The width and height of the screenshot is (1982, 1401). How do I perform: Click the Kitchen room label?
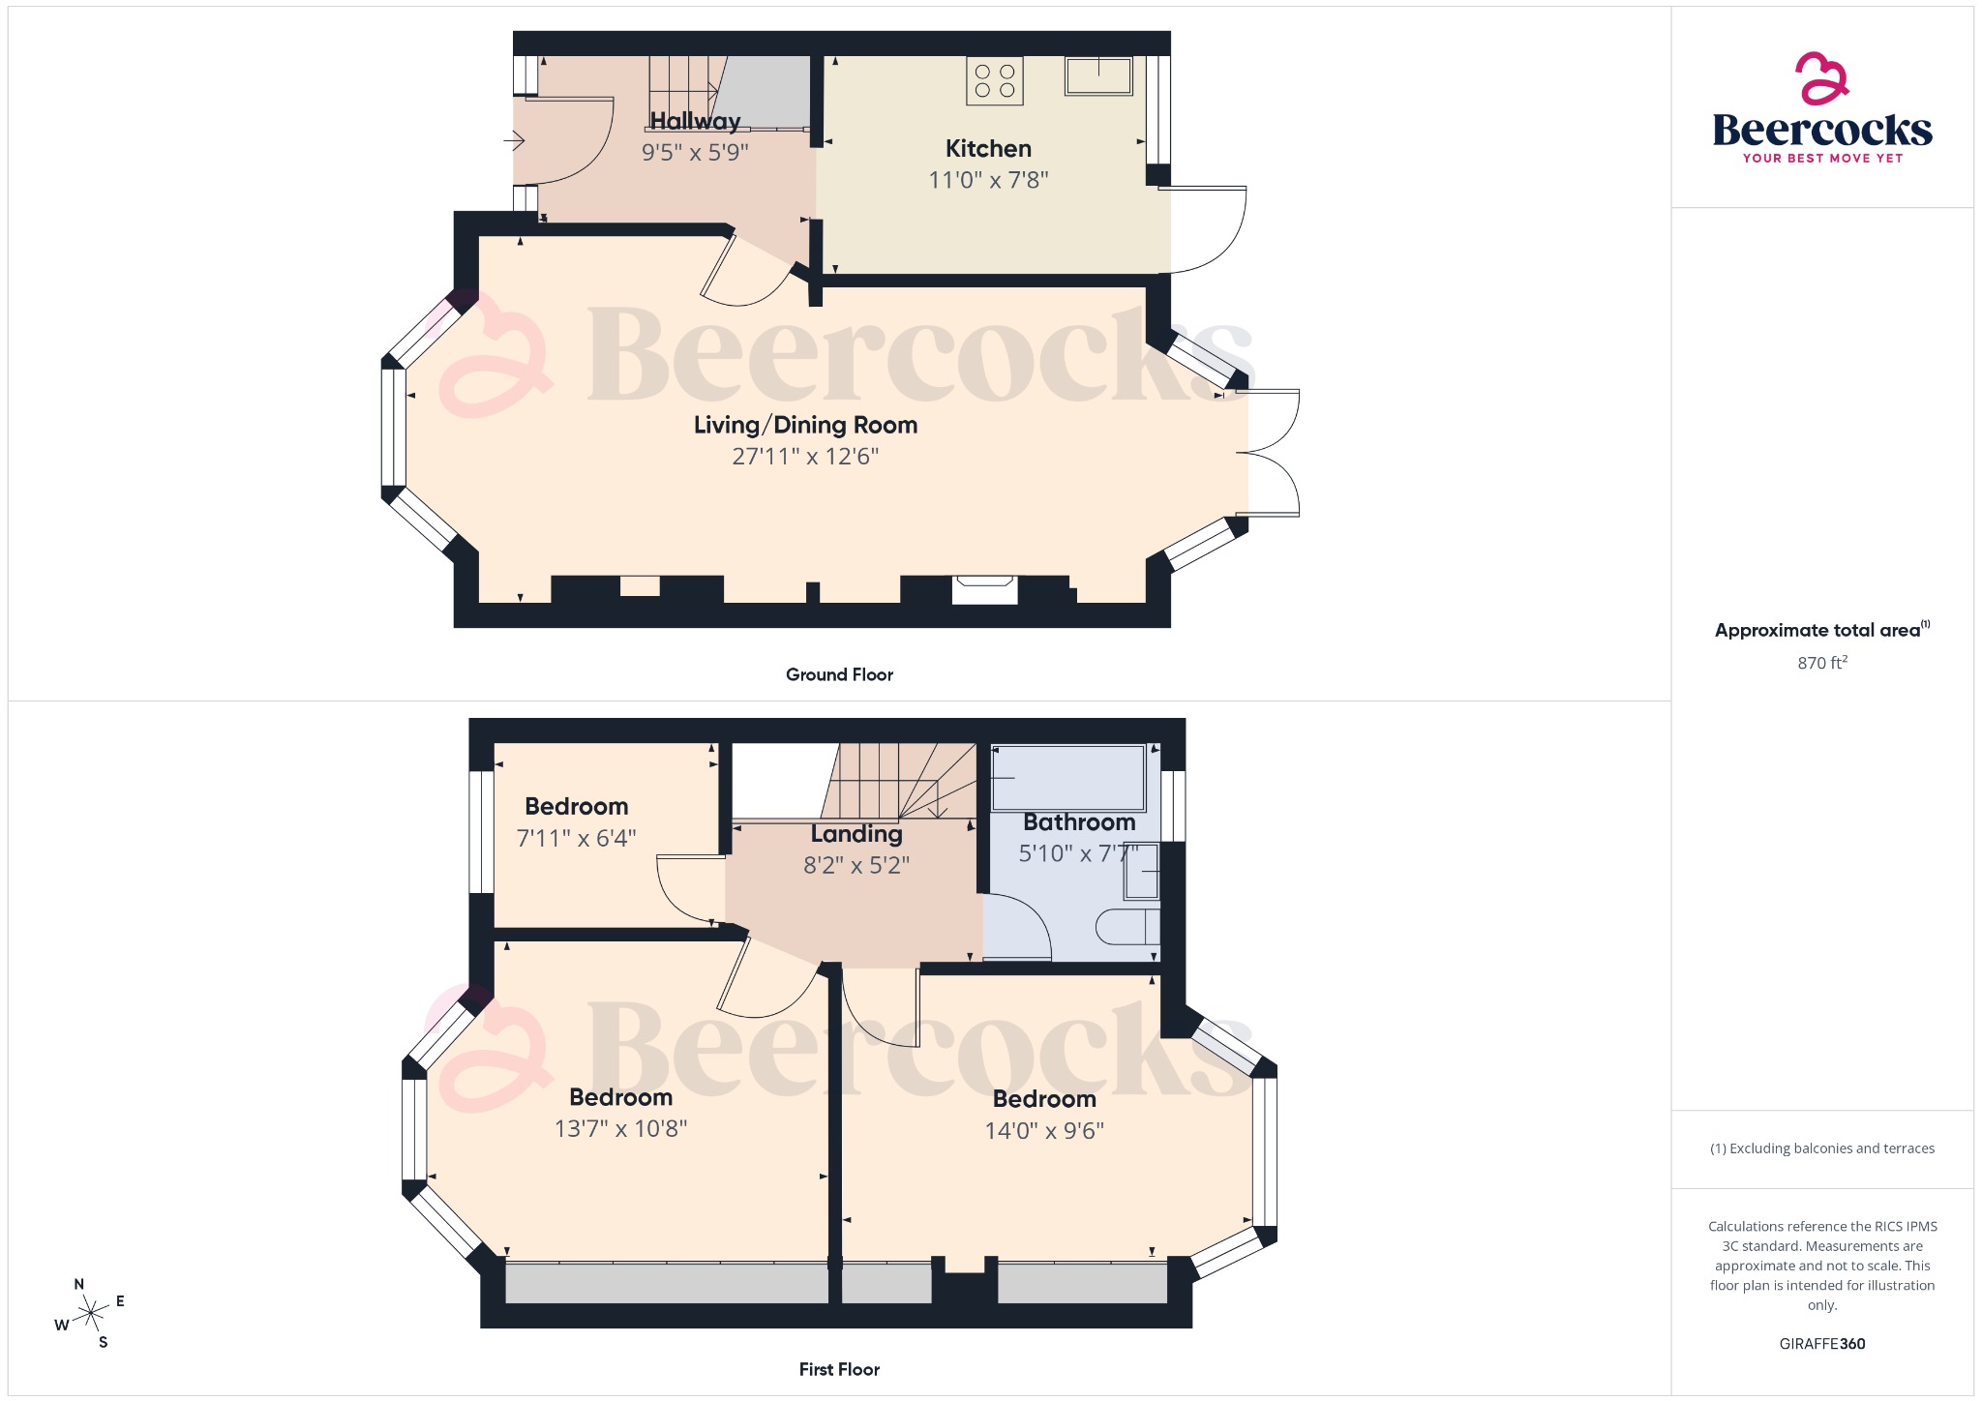point(988,149)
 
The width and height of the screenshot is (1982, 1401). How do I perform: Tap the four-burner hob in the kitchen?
point(995,81)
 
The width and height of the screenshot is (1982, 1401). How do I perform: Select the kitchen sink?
point(1098,75)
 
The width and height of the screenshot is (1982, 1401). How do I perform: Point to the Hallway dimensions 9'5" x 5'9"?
point(695,153)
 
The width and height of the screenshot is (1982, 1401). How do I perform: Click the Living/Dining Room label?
point(805,425)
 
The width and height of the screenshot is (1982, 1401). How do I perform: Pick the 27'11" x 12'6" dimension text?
point(805,457)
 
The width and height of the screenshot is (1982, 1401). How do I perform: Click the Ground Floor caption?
point(839,674)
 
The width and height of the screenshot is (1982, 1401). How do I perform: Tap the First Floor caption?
point(839,1369)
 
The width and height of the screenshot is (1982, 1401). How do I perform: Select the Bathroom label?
point(1079,822)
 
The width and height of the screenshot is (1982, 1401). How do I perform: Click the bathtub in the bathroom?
point(1067,778)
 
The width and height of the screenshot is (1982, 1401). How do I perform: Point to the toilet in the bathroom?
point(1126,927)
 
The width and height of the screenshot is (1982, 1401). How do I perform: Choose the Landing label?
point(856,834)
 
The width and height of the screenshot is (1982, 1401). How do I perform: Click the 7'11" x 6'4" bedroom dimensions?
point(576,838)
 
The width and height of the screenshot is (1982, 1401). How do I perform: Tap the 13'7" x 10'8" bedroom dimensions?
point(620,1129)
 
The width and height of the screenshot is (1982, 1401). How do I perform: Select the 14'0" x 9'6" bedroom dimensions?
point(1044,1131)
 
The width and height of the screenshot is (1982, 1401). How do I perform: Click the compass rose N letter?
point(79,1285)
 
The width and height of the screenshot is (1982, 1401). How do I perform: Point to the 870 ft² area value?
point(1822,663)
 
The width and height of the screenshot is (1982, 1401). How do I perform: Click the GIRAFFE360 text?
point(1822,1344)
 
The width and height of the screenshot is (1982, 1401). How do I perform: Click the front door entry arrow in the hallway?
point(514,141)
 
